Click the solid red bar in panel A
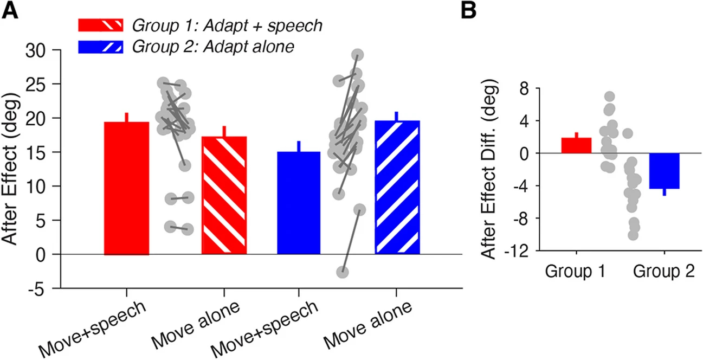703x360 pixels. pyautogui.click(x=126, y=188)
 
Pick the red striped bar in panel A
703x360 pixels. pyautogui.click(x=224, y=195)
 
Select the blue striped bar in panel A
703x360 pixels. pyautogui.click(x=397, y=187)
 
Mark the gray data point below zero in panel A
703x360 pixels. pyautogui.click(x=342, y=272)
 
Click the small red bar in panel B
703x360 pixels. pyautogui.click(x=576, y=145)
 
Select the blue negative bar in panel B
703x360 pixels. pyautogui.click(x=664, y=171)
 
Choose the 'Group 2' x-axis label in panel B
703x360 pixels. pyautogui.click(x=664, y=272)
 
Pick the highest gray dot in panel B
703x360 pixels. pyautogui.click(x=609, y=97)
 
